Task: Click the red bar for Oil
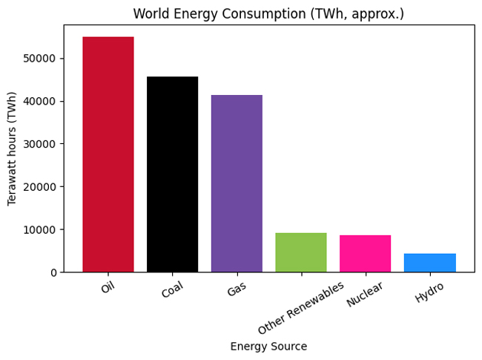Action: (x=108, y=154)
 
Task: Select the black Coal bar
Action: (x=172, y=174)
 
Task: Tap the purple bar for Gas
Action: (x=237, y=183)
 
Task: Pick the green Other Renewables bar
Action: (x=301, y=252)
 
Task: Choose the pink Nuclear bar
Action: (x=365, y=254)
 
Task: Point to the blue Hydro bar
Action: (x=429, y=263)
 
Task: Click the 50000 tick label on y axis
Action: (x=42, y=59)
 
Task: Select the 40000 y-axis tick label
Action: (x=42, y=102)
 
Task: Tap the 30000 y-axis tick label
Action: (x=42, y=144)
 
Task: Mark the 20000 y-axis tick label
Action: (x=42, y=187)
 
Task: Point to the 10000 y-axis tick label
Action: (x=42, y=230)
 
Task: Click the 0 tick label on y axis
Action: (x=53, y=272)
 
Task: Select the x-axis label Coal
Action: (x=171, y=290)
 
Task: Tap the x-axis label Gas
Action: (x=236, y=289)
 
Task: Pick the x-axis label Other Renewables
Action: (x=301, y=308)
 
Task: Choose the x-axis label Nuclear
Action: (x=364, y=294)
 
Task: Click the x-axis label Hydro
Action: (x=429, y=292)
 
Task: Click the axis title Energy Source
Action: (x=268, y=347)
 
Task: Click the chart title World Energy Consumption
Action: (x=268, y=14)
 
